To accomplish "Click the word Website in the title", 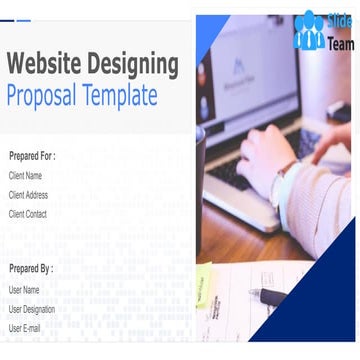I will click(x=45, y=66).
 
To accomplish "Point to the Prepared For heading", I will click(x=32, y=156).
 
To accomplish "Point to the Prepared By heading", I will click(x=31, y=269).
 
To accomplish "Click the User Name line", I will click(x=25, y=290).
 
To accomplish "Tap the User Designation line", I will click(x=32, y=309).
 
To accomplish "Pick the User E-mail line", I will click(x=25, y=328).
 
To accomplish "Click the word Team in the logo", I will click(x=339, y=43).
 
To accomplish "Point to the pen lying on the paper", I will click(x=271, y=297).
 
